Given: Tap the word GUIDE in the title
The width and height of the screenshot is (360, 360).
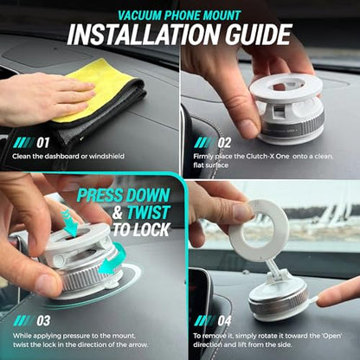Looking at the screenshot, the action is click(x=259, y=35).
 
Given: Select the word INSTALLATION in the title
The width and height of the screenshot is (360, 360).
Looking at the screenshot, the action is click(x=145, y=35).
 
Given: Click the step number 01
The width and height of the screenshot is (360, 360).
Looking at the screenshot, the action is click(x=42, y=143).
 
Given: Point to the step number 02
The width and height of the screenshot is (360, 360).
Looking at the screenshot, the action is click(x=224, y=143).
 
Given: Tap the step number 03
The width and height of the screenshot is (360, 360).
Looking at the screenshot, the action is click(x=43, y=321).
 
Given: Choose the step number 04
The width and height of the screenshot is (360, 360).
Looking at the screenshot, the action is click(x=224, y=321).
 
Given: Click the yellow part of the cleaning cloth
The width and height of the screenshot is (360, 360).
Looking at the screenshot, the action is click(x=95, y=87).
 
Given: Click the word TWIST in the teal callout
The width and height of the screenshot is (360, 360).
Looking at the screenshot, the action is click(x=148, y=213).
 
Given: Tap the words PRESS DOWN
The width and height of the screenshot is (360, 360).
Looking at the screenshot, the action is click(x=124, y=196).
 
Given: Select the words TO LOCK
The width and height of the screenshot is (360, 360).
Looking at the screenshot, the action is click(x=141, y=229).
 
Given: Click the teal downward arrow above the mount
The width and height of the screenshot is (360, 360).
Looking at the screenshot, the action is click(x=69, y=223).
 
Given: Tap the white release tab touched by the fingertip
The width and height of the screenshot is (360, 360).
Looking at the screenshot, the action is click(x=312, y=300).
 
